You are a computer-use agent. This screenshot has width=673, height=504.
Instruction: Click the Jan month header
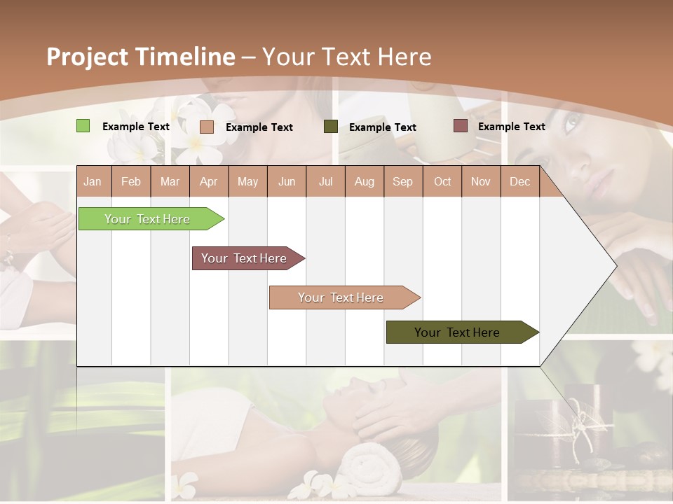93,181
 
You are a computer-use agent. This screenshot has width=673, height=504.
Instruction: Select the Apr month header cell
208,181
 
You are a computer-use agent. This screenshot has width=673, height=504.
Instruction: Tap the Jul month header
325,181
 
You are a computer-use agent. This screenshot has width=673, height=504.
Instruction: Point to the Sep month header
402,181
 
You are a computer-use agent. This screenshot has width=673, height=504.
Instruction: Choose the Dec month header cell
519,181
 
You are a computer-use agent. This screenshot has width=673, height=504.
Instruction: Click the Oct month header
442,181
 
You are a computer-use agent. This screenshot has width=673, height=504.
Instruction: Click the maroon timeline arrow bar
245,258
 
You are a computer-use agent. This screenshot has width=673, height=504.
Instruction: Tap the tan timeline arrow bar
341,297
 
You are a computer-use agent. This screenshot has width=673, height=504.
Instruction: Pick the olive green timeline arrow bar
458,332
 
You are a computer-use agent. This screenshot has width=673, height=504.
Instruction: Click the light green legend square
83,126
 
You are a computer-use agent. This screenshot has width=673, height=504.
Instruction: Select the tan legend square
206,127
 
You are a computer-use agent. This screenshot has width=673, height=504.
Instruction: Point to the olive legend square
331,127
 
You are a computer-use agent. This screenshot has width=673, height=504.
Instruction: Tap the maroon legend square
461,126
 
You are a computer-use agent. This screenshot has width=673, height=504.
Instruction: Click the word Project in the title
88,57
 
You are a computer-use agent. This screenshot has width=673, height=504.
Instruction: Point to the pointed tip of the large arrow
615,265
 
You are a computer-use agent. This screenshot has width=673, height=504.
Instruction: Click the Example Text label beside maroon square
511,127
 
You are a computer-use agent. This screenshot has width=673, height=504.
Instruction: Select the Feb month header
131,181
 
